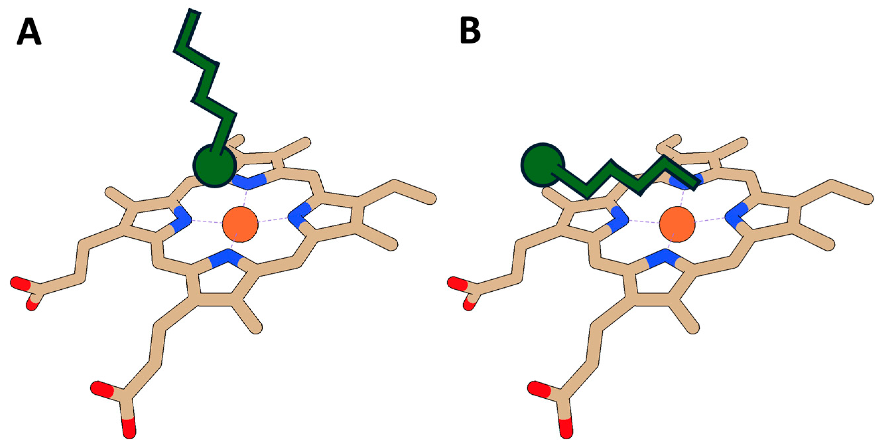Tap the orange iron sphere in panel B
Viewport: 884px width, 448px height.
pyautogui.click(x=677, y=224)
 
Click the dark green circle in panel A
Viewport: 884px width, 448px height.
pyautogui.click(x=215, y=166)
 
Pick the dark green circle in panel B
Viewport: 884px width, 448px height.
pyautogui.click(x=542, y=165)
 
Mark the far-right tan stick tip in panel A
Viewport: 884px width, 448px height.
pyautogui.click(x=430, y=199)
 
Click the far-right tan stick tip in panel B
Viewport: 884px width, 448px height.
pyautogui.click(x=867, y=199)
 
